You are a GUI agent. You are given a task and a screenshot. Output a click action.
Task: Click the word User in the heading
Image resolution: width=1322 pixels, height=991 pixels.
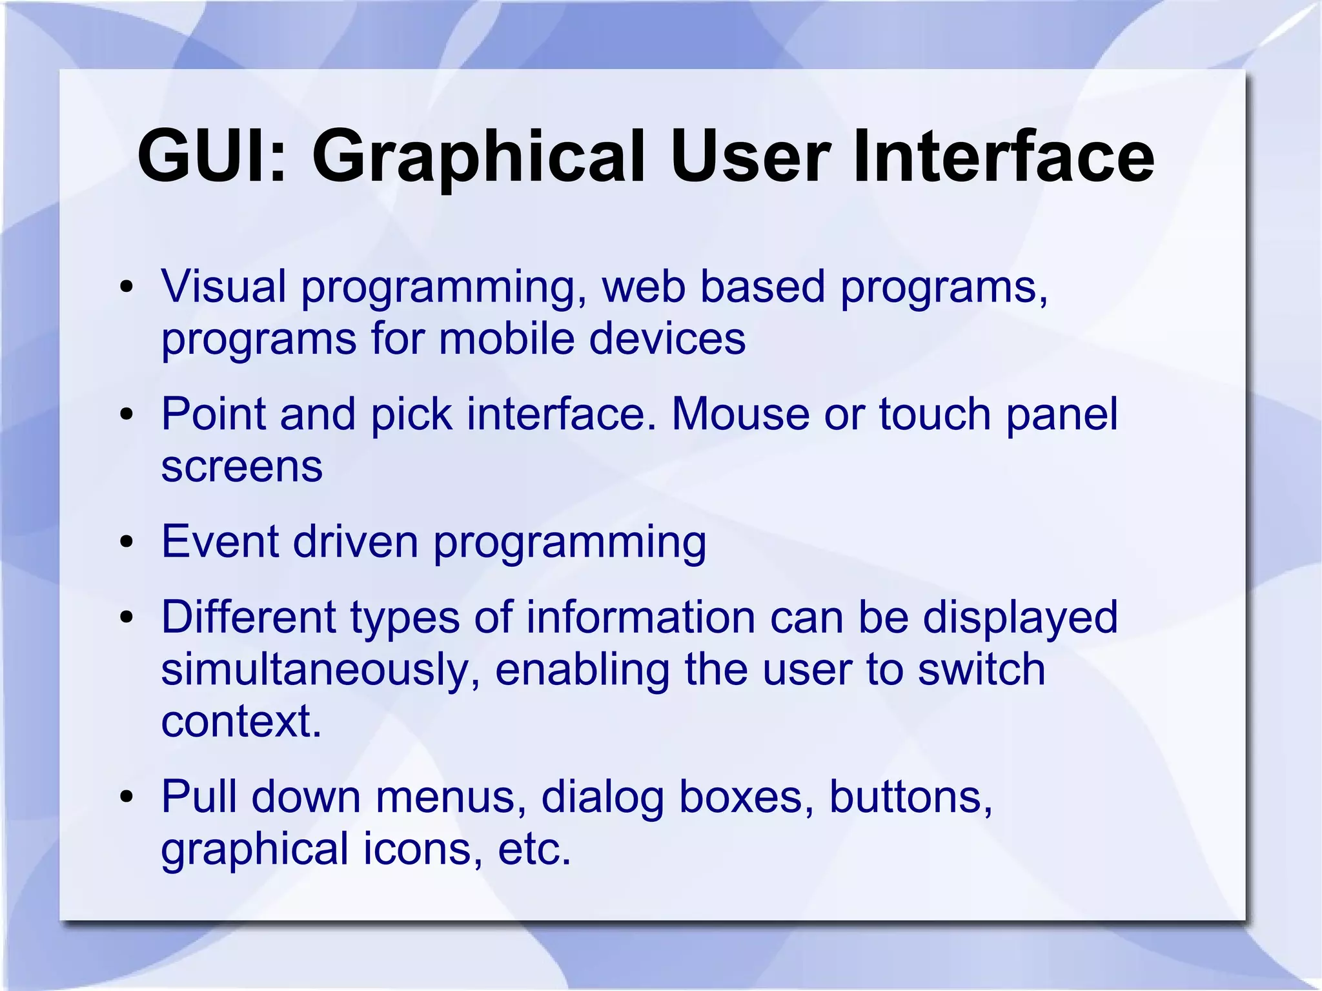tap(750, 157)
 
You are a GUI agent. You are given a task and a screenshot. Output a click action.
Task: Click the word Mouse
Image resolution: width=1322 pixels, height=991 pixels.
tap(740, 414)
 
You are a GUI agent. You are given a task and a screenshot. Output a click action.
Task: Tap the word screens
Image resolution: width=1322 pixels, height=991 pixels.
tap(241, 466)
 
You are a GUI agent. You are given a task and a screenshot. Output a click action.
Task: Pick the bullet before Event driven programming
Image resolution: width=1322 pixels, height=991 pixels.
tap(127, 542)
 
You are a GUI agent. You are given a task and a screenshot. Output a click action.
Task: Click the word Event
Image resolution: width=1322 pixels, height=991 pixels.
tap(219, 542)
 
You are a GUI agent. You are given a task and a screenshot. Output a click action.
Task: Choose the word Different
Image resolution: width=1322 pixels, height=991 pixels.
tap(249, 617)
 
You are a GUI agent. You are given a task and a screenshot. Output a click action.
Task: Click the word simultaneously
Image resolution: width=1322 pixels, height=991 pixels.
tap(320, 669)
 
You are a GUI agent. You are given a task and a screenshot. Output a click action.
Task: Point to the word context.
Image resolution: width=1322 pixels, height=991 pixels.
tap(240, 721)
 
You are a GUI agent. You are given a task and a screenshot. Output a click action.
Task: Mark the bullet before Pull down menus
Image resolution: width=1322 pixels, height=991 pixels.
tap(127, 797)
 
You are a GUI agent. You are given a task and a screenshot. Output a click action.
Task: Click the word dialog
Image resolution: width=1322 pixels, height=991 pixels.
tap(602, 797)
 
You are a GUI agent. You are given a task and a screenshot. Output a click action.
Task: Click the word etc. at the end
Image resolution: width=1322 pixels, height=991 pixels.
tap(534, 850)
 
